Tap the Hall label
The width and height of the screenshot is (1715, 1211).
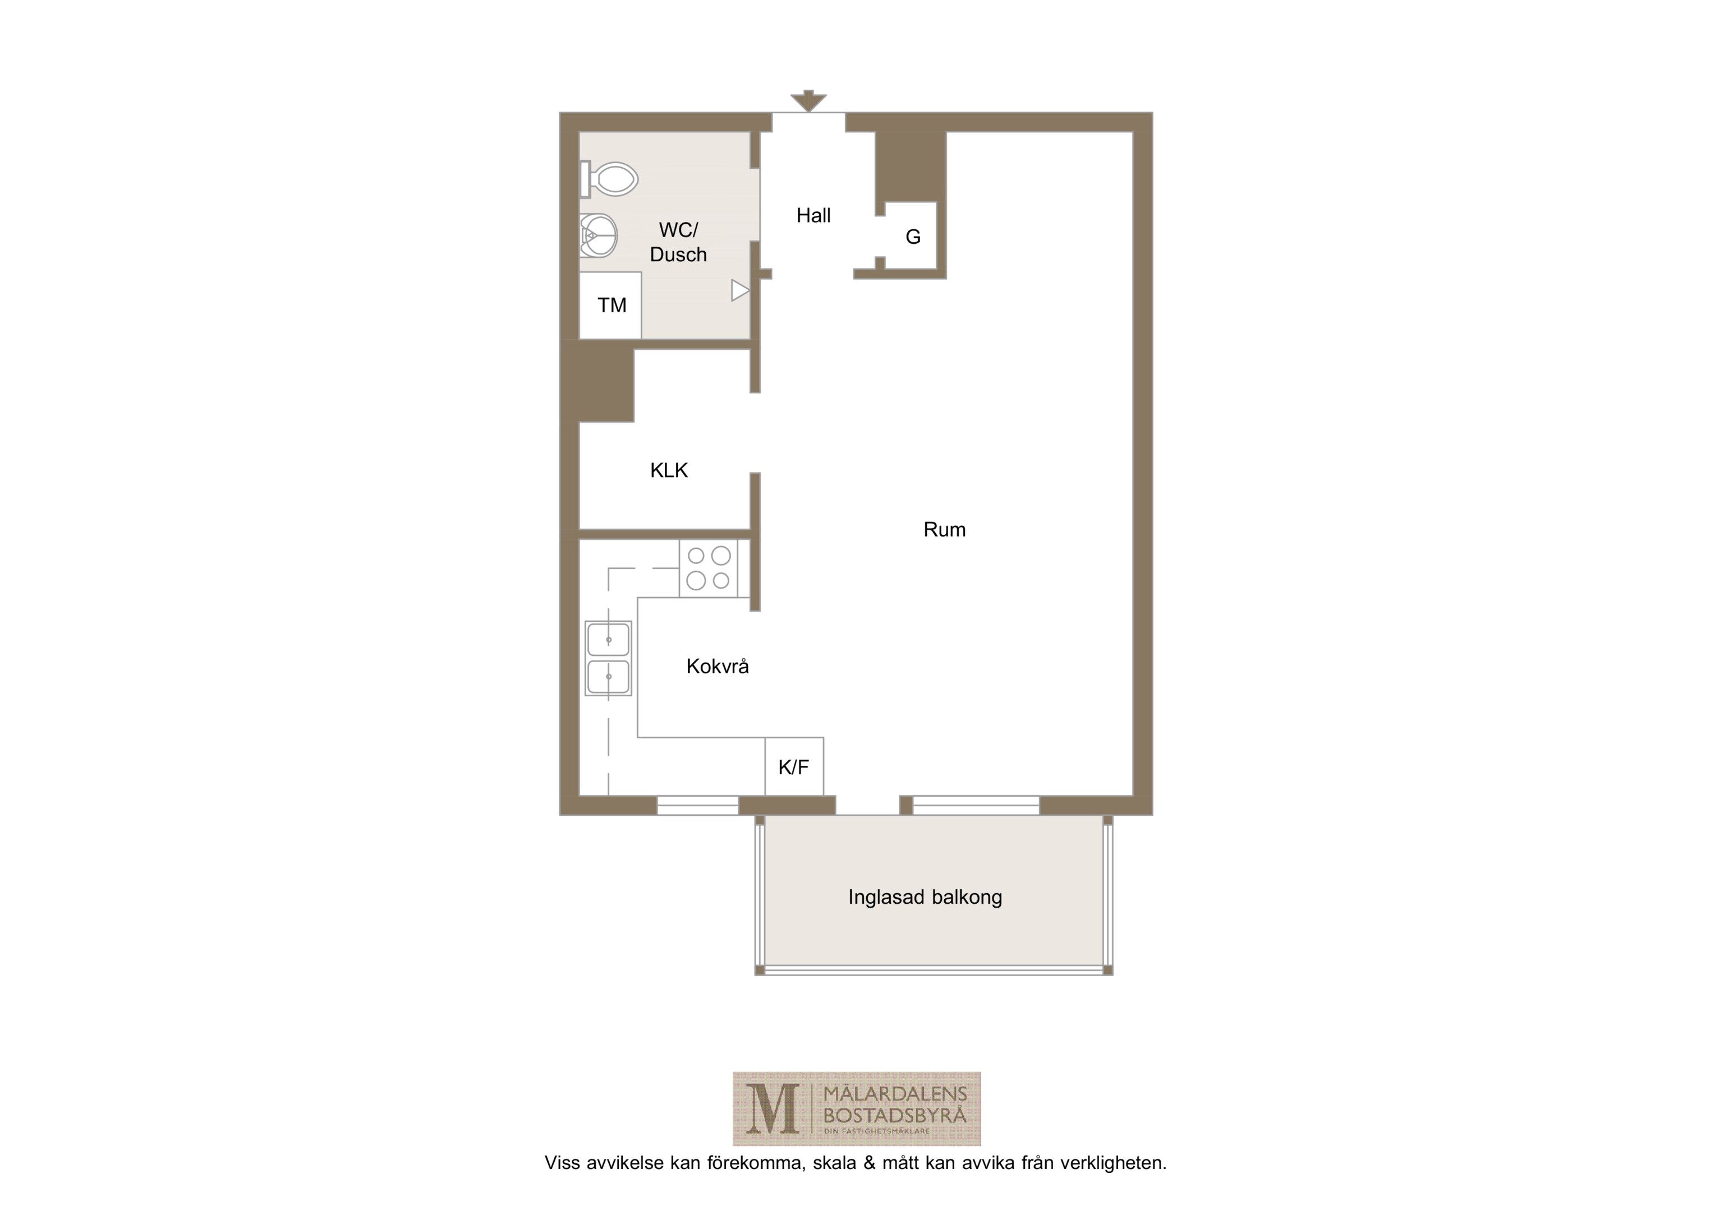[813, 216]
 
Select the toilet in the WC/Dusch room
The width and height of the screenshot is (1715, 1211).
[609, 179]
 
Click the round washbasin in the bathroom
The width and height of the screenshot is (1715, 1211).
[599, 236]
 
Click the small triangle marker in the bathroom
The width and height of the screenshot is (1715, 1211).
[740, 290]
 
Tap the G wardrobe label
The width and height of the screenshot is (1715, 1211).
[913, 237]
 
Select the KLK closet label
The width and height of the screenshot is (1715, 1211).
[669, 470]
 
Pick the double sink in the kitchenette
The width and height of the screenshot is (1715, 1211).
[608, 659]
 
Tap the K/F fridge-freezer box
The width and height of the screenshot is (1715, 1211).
[794, 767]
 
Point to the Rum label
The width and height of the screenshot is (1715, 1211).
[945, 530]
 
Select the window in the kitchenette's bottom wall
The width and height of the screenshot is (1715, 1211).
[698, 806]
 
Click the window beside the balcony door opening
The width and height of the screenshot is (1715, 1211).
[976, 806]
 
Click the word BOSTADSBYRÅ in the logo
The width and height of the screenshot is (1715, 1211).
[895, 1116]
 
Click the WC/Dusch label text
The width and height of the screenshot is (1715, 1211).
[678, 242]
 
